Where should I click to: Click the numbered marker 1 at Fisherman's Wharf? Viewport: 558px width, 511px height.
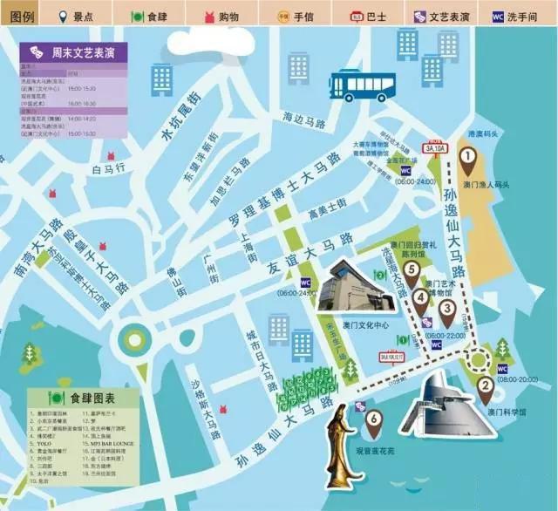(x=466, y=158)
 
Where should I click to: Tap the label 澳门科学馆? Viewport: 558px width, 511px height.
(x=503, y=411)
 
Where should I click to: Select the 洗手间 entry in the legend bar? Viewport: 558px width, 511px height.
(x=523, y=16)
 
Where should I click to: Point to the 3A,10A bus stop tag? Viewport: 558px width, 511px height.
(x=435, y=148)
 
